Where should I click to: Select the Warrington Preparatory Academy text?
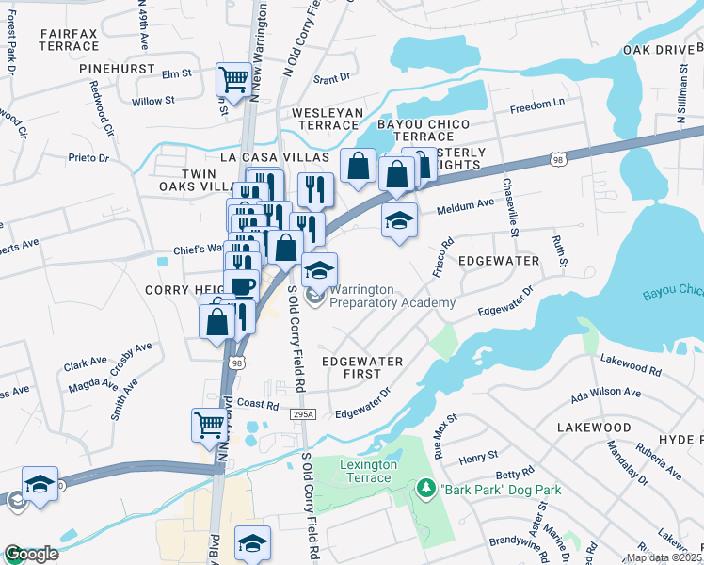pyautogui.click(x=392, y=296)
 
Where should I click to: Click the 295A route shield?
pyautogui.click(x=302, y=414)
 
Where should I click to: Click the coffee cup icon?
pyautogui.click(x=242, y=285)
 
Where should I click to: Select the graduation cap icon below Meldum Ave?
pyautogui.click(x=399, y=220)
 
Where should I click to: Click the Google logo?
pyautogui.click(x=30, y=554)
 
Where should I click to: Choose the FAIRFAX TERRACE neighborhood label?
pyautogui.click(x=69, y=39)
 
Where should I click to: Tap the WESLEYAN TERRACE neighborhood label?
pyautogui.click(x=327, y=119)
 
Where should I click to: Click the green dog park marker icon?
pyautogui.click(x=424, y=490)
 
